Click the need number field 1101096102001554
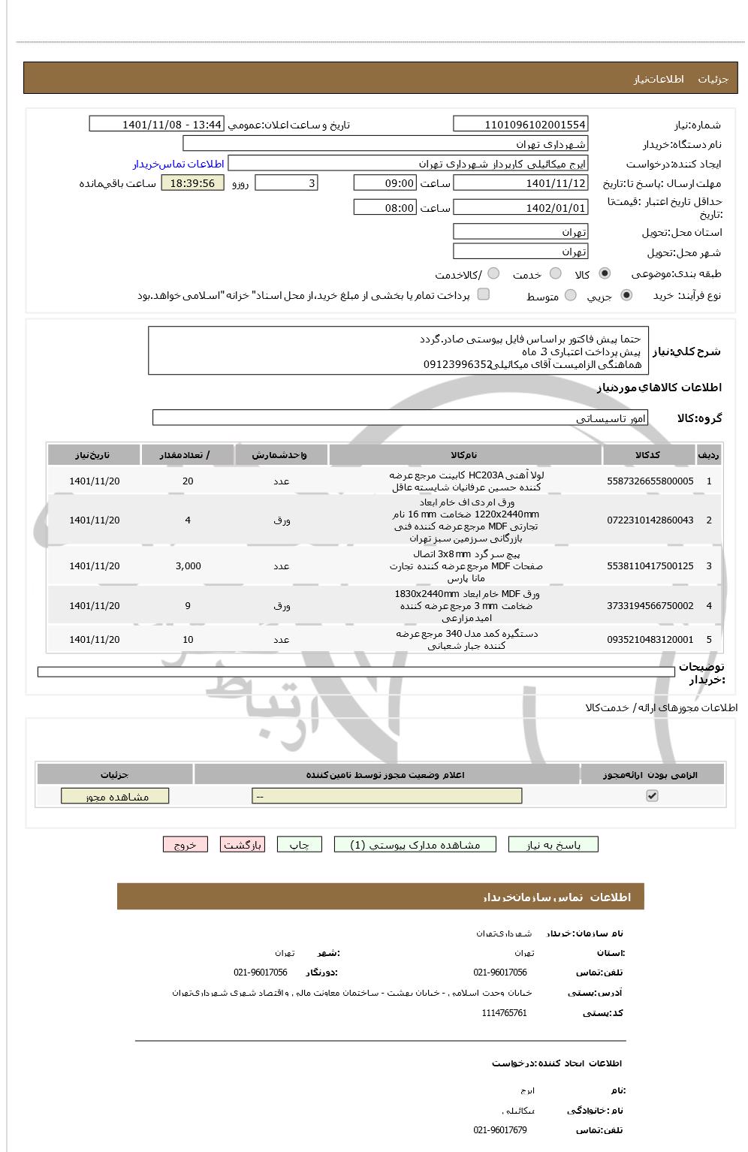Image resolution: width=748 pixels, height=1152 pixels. point(520,124)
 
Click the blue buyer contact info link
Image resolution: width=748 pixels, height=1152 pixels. point(179,164)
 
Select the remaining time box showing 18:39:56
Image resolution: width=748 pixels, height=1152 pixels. point(192,183)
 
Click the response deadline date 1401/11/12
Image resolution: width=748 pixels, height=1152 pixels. point(520,183)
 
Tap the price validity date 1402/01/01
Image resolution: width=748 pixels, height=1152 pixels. point(520,208)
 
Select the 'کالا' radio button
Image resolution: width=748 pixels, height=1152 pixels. point(605,274)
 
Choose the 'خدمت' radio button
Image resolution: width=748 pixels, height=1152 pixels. point(556,274)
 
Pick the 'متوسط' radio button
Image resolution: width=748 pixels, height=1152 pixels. point(571,296)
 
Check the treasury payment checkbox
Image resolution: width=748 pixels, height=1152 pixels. point(484,294)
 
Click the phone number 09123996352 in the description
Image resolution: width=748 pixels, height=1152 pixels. point(457,364)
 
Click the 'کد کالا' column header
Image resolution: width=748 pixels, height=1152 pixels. point(647,455)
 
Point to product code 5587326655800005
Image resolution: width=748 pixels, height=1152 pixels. point(650,481)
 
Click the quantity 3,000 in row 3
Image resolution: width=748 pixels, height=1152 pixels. point(188,566)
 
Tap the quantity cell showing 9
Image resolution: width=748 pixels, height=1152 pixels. point(188,606)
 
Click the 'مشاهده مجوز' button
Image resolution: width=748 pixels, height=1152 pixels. point(115,796)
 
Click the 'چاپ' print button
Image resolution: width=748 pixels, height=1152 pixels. point(300,845)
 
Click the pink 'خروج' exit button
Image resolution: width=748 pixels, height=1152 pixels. point(185,845)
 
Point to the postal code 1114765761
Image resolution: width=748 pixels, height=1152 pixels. point(504,1013)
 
